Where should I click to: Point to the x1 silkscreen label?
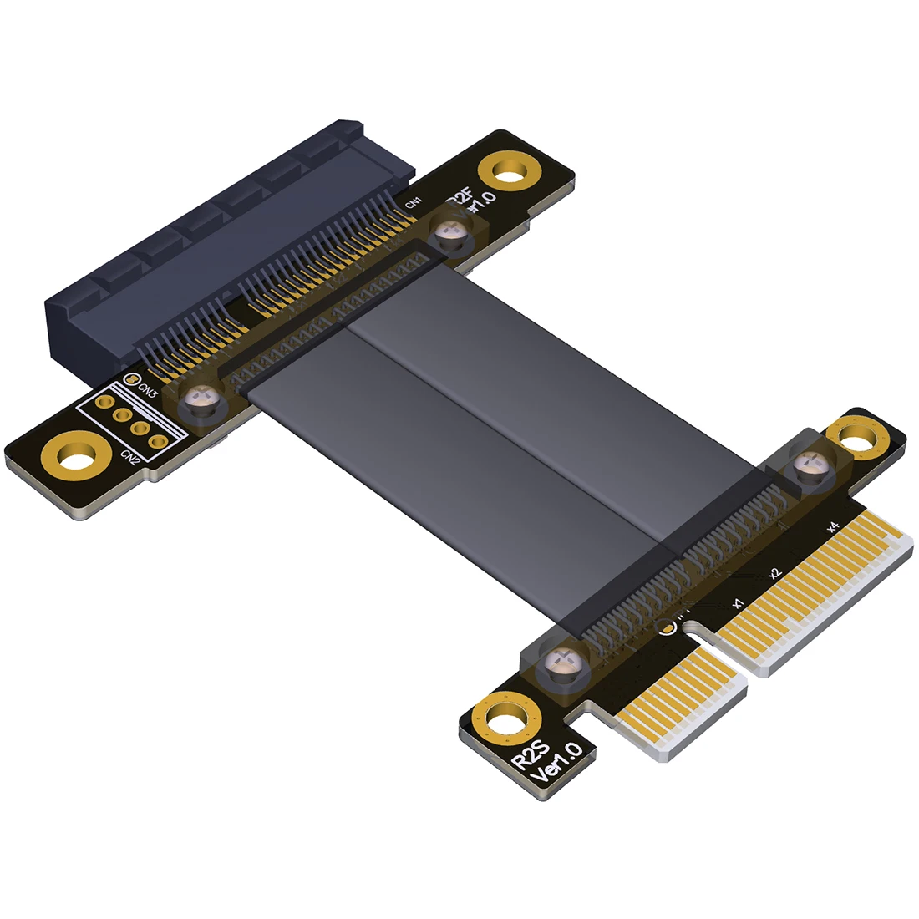(x=737, y=602)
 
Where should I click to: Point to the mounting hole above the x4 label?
(x=857, y=436)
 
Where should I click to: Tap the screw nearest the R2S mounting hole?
(x=561, y=666)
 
